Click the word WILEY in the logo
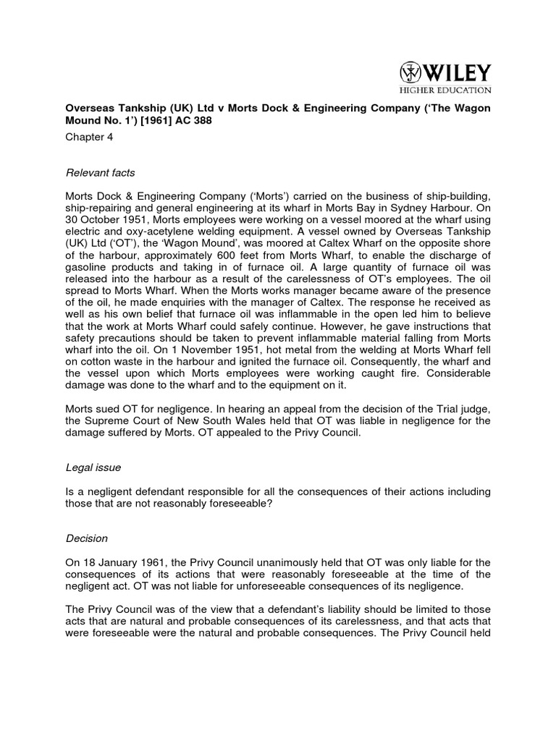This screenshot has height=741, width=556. pyautogui.click(x=457, y=73)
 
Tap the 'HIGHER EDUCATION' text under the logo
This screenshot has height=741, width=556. pyautogui.click(x=445, y=90)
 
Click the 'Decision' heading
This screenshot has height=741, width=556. pyautogui.click(x=86, y=538)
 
